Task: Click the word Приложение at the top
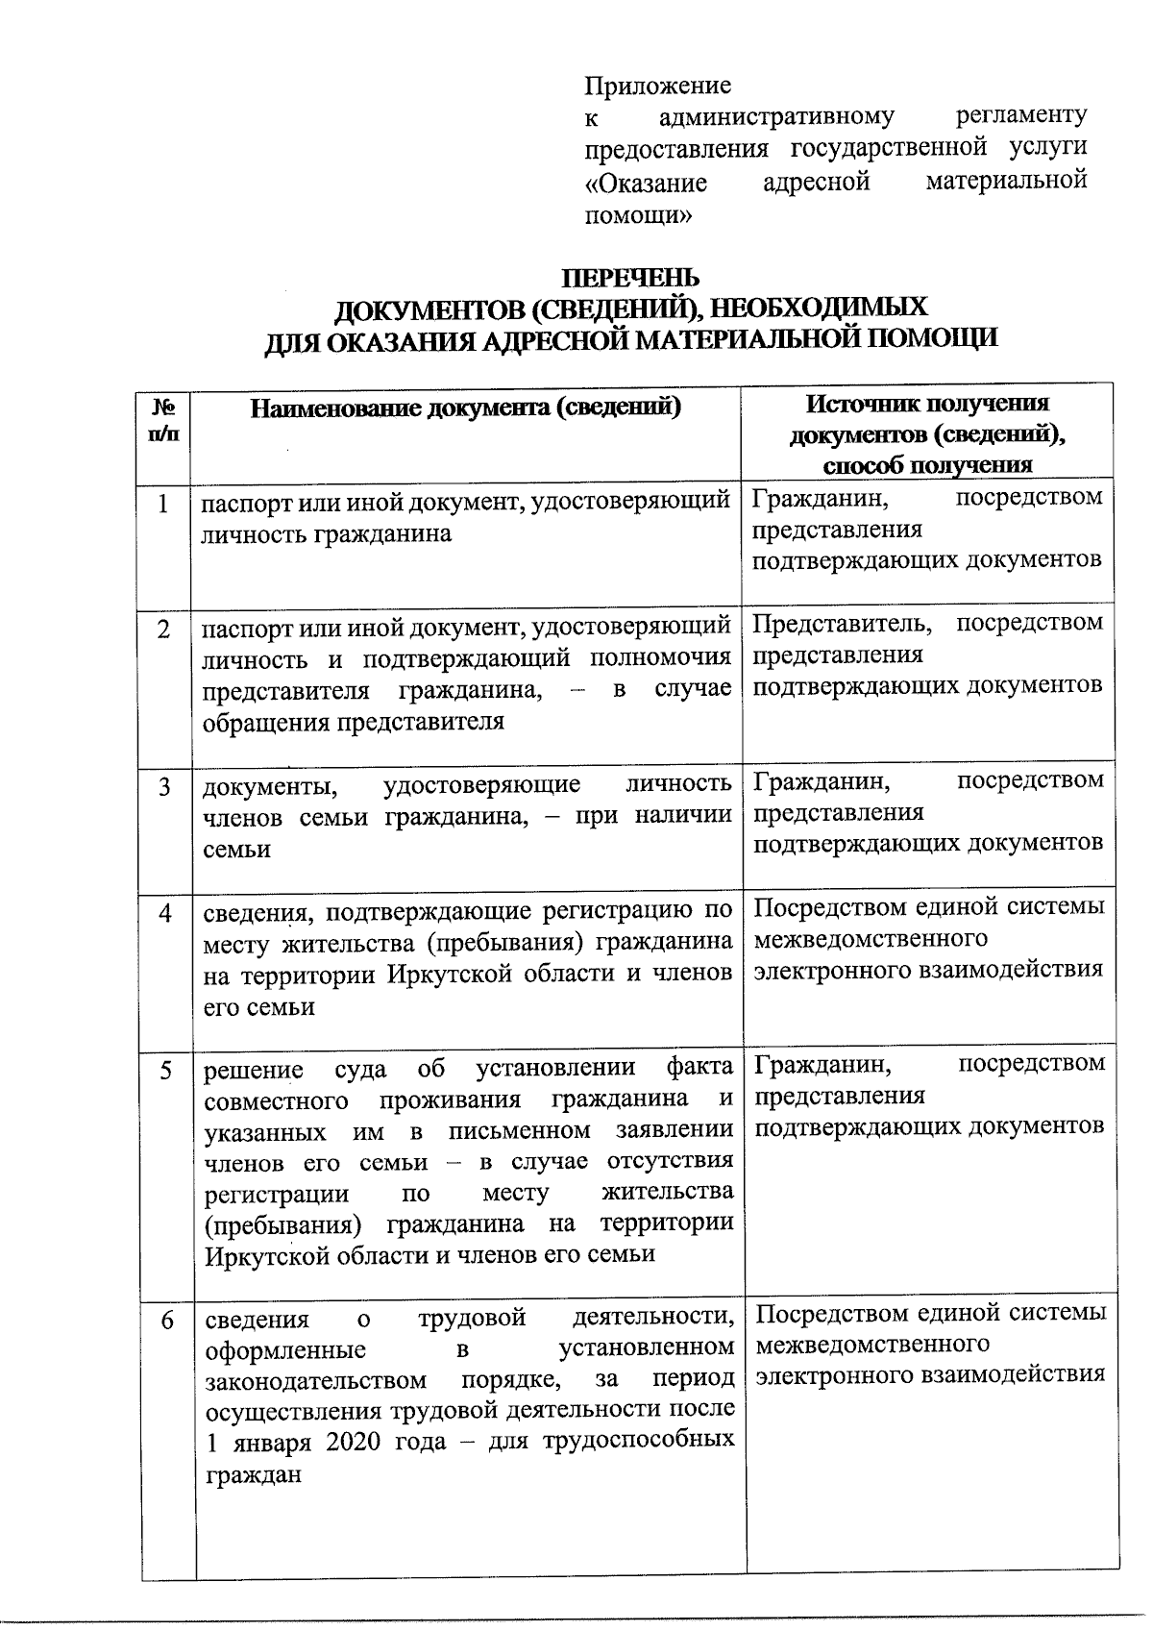(x=657, y=86)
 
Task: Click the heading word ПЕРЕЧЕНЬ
(x=630, y=278)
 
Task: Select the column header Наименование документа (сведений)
(x=466, y=408)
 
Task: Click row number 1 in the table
(x=164, y=504)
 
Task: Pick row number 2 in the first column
(x=164, y=630)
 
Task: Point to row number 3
(x=165, y=786)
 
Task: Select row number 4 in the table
(x=165, y=912)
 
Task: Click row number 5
(x=166, y=1070)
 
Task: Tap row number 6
(x=167, y=1321)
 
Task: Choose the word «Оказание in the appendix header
(x=646, y=183)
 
